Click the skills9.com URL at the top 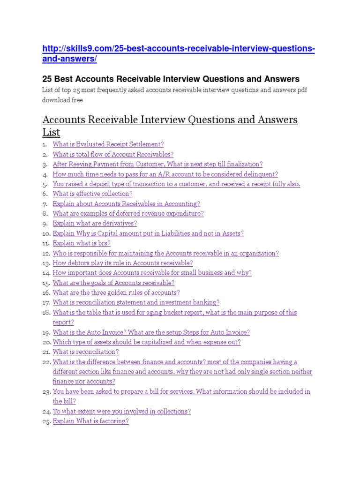[x=178, y=54]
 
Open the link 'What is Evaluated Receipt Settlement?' [x=108, y=144]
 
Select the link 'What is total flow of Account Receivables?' [x=113, y=154]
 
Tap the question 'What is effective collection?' [x=92, y=194]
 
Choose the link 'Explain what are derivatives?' [x=95, y=223]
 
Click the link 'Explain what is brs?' [x=82, y=243]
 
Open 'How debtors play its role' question [x=122, y=263]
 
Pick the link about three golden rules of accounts [x=116, y=292]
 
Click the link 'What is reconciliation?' [x=85, y=352]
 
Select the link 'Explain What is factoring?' [x=90, y=421]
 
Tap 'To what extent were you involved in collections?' [x=121, y=411]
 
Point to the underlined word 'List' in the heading [x=51, y=132]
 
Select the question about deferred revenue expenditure [x=128, y=213]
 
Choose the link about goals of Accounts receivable [x=113, y=283]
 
